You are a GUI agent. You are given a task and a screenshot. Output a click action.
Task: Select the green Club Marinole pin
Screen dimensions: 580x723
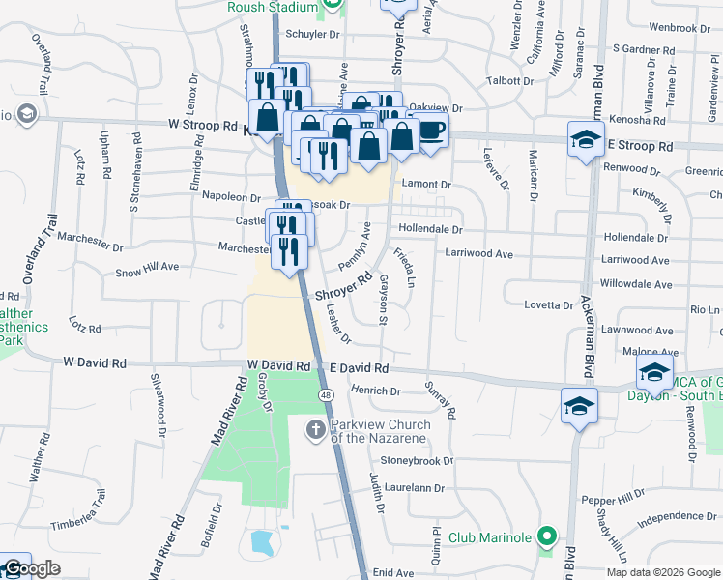547,536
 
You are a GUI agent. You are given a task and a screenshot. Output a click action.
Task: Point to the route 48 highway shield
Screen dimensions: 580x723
327,395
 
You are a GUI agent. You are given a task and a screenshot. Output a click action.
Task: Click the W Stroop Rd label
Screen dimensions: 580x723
202,126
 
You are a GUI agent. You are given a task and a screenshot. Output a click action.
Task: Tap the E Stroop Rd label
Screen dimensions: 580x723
640,146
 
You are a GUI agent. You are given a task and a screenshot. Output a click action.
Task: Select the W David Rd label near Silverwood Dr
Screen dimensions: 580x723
94,362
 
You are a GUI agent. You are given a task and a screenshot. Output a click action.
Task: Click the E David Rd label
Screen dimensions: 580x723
359,368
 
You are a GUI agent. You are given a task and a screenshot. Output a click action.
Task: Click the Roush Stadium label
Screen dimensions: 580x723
272,7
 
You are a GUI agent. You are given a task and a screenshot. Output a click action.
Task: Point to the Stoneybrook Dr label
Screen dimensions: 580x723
417,461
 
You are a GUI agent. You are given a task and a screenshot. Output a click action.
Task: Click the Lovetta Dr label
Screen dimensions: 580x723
548,305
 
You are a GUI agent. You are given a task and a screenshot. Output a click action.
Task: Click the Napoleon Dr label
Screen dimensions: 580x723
225,196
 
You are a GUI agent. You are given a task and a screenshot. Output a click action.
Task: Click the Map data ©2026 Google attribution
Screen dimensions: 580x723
662,572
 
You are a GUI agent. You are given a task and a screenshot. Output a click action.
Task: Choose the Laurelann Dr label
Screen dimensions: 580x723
419,489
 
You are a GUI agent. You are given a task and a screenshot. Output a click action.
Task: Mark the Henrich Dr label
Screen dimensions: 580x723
376,391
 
